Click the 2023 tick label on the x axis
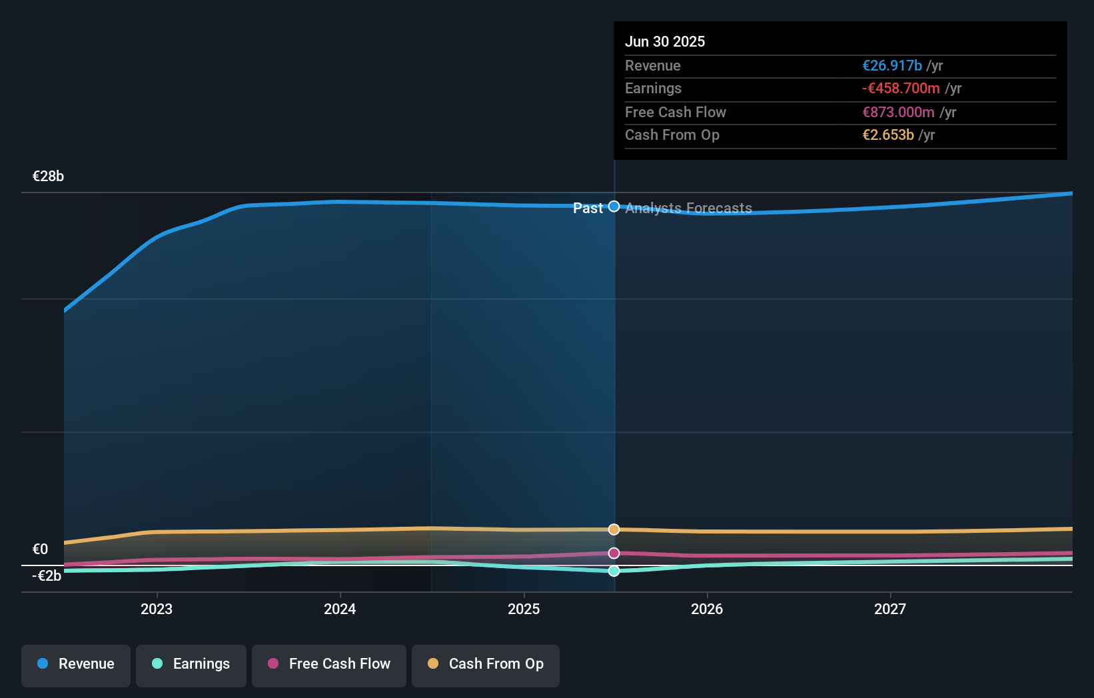(x=157, y=609)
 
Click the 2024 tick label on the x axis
(x=340, y=609)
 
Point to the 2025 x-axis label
(x=524, y=609)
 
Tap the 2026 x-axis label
(x=707, y=609)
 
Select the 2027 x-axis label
(x=890, y=609)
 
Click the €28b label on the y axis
(x=48, y=176)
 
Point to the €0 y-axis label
(x=40, y=549)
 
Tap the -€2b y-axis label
(x=47, y=576)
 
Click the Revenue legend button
(x=76, y=664)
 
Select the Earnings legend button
(x=191, y=664)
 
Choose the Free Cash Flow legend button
(x=329, y=664)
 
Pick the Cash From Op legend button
(x=486, y=664)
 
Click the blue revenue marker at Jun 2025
(x=614, y=206)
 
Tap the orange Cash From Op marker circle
(x=614, y=529)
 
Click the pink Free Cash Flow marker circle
(x=614, y=553)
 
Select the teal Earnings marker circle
(x=614, y=571)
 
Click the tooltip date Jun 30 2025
(x=664, y=41)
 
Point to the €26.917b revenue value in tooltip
(x=891, y=66)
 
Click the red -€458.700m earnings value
(x=901, y=89)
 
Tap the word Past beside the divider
(x=588, y=208)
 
